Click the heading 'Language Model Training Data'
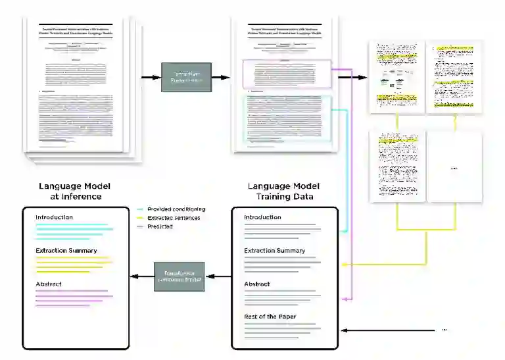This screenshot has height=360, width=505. tap(284, 191)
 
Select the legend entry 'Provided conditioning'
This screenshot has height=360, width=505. tap(176, 209)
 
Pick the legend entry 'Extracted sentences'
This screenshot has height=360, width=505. tap(174, 217)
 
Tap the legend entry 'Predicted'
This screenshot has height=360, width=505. tap(160, 226)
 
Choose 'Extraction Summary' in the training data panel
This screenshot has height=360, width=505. tap(275, 251)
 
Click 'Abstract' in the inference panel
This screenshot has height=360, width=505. tap(49, 284)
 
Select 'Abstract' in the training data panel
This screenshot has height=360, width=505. tap(258, 284)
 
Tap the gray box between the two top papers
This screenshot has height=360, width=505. tap(186, 77)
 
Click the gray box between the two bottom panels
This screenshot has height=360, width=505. tap(180, 276)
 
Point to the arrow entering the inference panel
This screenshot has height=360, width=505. tap(141, 276)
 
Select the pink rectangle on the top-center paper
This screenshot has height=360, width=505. tap(287, 74)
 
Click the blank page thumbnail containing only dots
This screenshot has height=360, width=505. tap(454, 168)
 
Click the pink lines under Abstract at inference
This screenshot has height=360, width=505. tap(71, 297)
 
